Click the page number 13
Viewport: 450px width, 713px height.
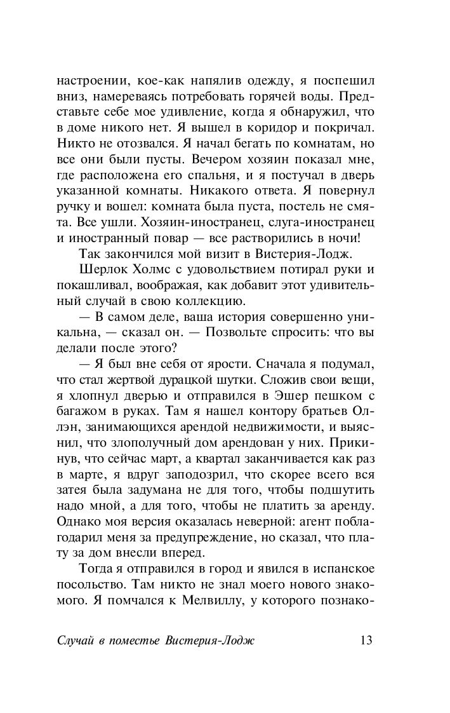click(364, 639)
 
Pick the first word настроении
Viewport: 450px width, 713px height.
click(91, 81)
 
